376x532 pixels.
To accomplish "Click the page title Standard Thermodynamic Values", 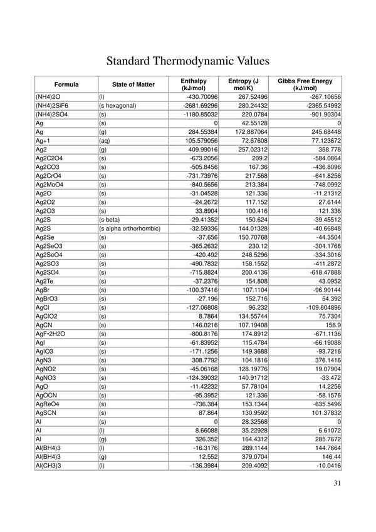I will click(187, 61).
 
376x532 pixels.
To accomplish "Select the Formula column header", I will click(66, 84).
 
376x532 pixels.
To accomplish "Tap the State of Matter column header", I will click(133, 84).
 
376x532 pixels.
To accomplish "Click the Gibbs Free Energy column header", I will click(305, 84).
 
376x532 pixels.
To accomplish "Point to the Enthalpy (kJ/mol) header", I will click(192, 84).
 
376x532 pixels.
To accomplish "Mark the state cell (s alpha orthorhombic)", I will click(129, 228).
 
